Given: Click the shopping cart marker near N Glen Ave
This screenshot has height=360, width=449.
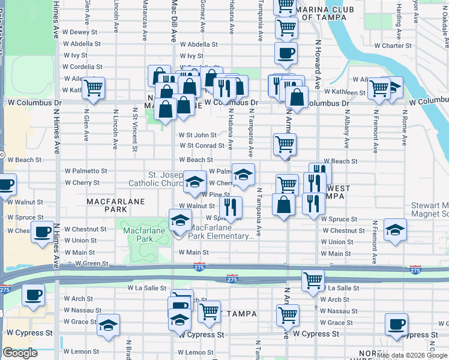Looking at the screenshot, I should coord(93,88).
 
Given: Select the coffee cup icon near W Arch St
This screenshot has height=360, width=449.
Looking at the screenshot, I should coord(33,295).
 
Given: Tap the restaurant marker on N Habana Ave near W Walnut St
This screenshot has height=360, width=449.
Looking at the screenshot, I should coord(231,207).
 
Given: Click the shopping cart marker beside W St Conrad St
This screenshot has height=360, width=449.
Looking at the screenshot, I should coord(284,144).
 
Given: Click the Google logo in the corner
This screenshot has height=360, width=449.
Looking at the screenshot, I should coord(20,353).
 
